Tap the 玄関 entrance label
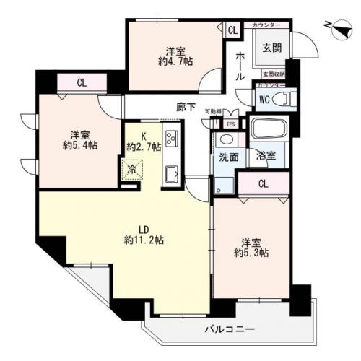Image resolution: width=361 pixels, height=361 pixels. point(271,48)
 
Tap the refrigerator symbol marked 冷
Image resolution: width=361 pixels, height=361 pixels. point(133,170)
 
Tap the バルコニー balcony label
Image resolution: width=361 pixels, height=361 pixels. point(230,329)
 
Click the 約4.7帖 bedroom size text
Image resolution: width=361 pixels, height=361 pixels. point(176,62)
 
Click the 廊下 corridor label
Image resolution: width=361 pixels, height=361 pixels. point(186,108)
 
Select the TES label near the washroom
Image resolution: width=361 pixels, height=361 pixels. point(230,123)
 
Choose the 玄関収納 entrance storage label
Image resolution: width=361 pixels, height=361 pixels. point(273,74)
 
